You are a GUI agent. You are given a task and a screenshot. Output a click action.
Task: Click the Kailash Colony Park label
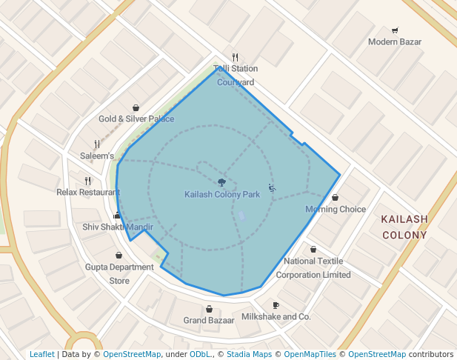pyautogui.click(x=221, y=194)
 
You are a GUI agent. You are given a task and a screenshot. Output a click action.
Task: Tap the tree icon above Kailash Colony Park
pyautogui.click(x=221, y=181)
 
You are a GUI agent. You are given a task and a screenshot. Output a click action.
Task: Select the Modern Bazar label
pyautogui.click(x=395, y=41)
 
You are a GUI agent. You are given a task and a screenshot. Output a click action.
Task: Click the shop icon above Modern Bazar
pyautogui.click(x=395, y=30)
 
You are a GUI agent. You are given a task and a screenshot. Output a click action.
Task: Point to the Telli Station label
pyautogui.click(x=236, y=69)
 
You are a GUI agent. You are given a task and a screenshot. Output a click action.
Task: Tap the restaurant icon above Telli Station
pyautogui.click(x=236, y=57)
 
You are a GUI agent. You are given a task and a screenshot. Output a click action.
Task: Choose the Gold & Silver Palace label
pyautogui.click(x=136, y=119)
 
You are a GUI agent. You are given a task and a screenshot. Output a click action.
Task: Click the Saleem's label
pyautogui.click(x=97, y=156)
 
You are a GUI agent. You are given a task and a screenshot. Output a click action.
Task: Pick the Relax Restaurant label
pyautogui.click(x=88, y=192)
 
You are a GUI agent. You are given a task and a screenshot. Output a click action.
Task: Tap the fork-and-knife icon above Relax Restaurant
pyautogui.click(x=88, y=180)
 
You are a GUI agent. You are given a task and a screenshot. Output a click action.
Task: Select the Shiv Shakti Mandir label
pyautogui.click(x=118, y=227)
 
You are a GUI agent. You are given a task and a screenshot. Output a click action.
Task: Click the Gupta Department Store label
pyautogui.click(x=119, y=273)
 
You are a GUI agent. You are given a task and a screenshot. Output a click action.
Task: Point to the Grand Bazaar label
pyautogui.click(x=209, y=321)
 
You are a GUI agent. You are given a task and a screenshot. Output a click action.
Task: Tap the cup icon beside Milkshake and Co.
pyautogui.click(x=276, y=305)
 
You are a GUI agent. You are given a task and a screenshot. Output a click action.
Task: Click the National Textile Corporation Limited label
pyautogui.click(x=313, y=267)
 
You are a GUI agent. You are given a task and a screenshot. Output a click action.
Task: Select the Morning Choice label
pyautogui.click(x=336, y=209)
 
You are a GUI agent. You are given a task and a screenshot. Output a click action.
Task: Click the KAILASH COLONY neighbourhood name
pyautogui.click(x=404, y=227)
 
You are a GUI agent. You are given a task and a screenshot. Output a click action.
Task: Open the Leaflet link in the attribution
pyautogui.click(x=42, y=354)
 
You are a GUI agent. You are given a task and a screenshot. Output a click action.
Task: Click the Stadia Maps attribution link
pyautogui.click(x=249, y=354)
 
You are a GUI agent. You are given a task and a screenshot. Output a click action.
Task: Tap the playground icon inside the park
pyautogui.click(x=272, y=188)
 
